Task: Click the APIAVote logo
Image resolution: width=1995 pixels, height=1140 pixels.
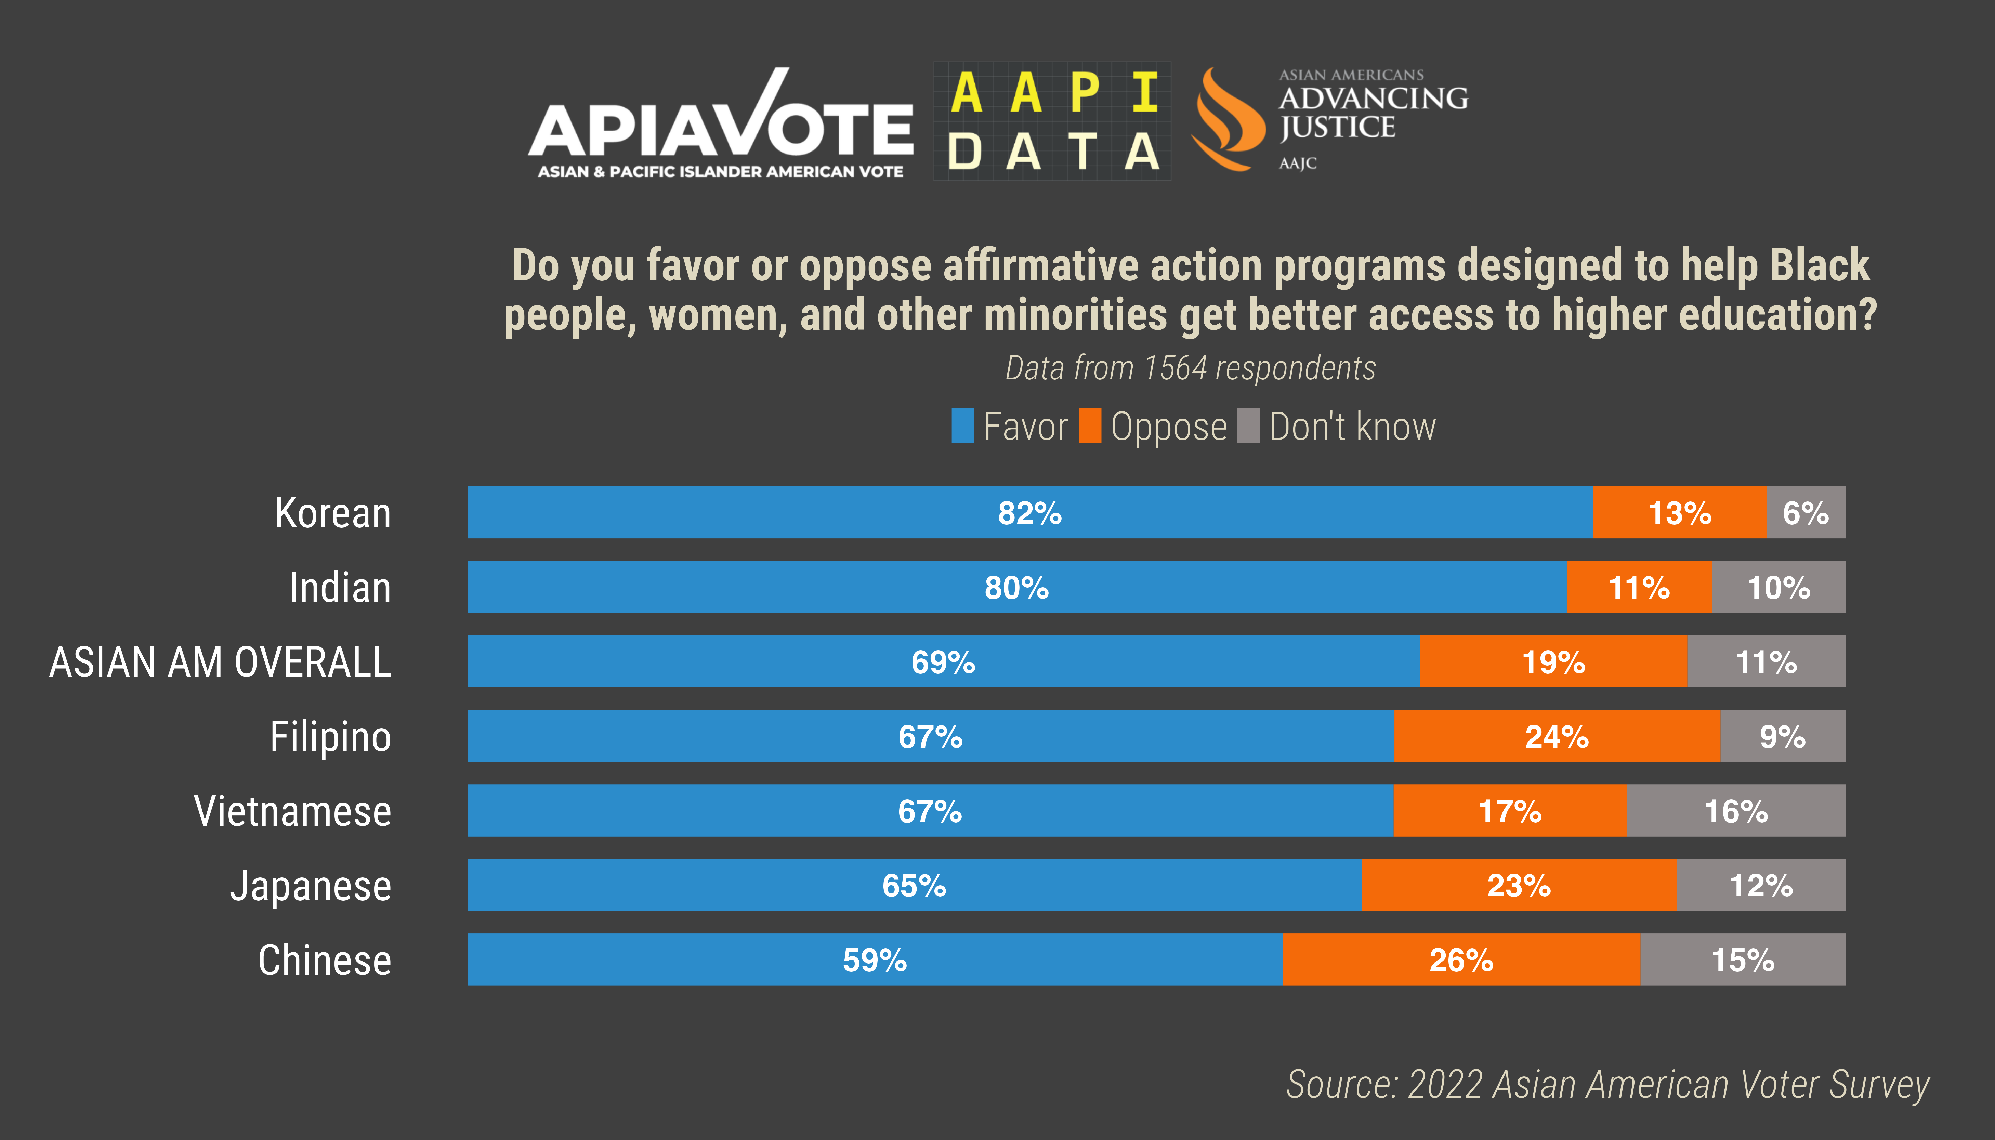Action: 720,125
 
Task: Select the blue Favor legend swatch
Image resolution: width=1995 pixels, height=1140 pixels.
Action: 962,426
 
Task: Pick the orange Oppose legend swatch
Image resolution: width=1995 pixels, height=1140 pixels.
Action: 1089,426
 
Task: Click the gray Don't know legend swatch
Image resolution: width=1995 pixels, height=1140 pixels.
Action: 1248,426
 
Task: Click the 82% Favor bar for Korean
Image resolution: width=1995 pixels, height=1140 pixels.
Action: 1029,513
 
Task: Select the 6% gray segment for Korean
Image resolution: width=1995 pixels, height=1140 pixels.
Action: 1806,513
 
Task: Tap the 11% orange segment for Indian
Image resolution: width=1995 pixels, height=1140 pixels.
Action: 1639,587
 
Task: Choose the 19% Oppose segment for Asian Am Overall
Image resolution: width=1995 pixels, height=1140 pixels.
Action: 1553,661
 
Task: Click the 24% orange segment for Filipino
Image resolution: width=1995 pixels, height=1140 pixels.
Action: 1557,736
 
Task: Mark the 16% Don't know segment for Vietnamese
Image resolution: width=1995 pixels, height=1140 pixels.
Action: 1736,810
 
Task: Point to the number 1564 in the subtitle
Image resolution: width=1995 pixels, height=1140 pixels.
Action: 1174,368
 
